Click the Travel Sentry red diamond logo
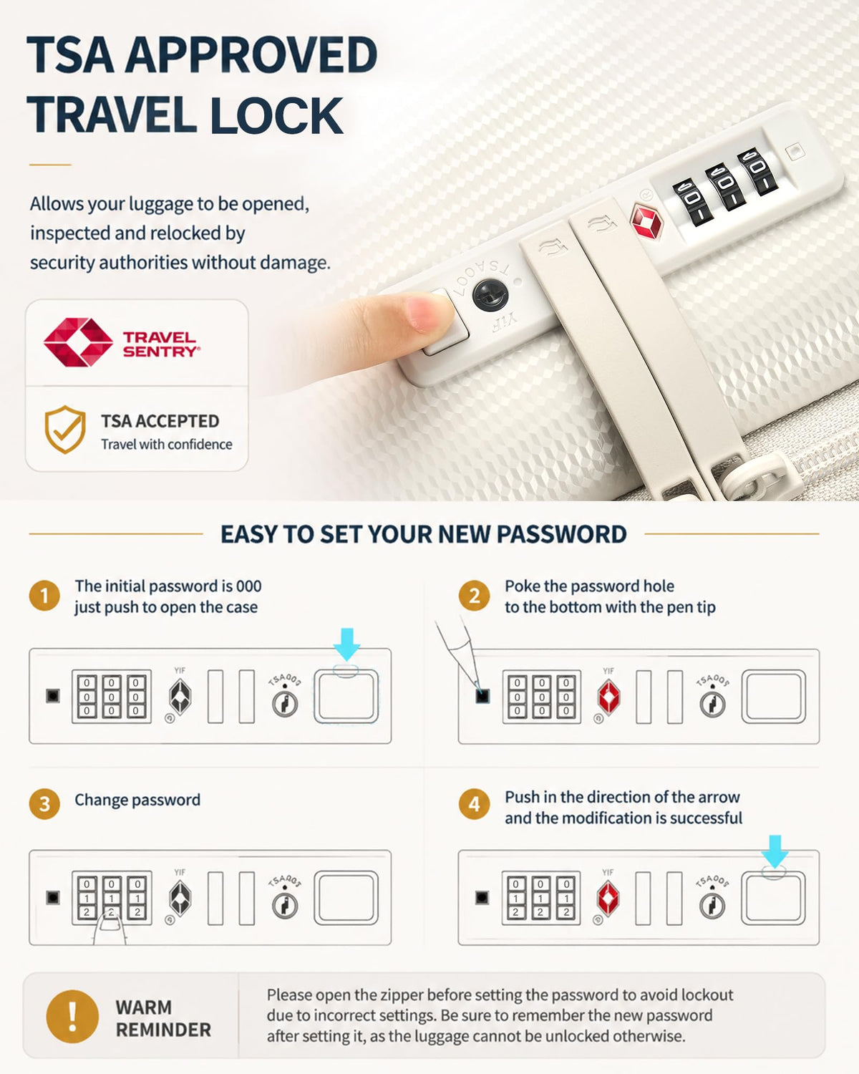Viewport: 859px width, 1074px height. point(78,342)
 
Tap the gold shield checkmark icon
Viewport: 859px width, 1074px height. point(65,430)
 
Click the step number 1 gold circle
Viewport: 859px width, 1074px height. point(44,596)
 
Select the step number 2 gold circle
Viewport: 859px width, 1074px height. point(474,596)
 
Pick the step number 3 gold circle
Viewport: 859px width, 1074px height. point(44,804)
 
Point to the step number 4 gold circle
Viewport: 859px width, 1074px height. point(474,804)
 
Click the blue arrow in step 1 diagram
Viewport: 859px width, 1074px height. point(346,644)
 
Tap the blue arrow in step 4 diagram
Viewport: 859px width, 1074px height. point(775,851)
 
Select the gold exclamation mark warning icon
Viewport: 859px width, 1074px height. point(72,1017)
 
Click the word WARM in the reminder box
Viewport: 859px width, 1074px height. point(144,1007)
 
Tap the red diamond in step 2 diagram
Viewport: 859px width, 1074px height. point(609,697)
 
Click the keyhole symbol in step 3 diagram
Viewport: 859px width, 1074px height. point(285,906)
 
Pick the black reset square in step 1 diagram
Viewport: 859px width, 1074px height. point(53,696)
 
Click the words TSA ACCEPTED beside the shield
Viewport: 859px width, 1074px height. point(160,421)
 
